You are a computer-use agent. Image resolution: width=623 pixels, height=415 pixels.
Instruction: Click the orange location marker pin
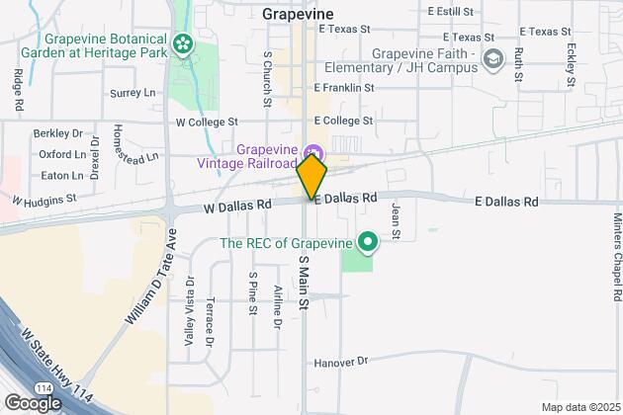pos(311,178)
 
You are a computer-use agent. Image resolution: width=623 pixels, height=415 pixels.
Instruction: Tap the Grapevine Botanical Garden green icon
pos(182,43)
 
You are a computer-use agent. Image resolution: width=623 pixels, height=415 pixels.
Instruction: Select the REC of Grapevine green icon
pos(368,241)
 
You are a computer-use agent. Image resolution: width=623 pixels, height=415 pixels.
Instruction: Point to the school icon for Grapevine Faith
pos(491,61)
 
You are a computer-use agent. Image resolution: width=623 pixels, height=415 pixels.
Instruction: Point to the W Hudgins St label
pos(44,201)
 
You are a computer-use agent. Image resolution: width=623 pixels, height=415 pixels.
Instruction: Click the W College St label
pos(208,123)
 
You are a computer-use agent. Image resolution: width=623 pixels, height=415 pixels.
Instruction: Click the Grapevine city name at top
pos(299,14)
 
